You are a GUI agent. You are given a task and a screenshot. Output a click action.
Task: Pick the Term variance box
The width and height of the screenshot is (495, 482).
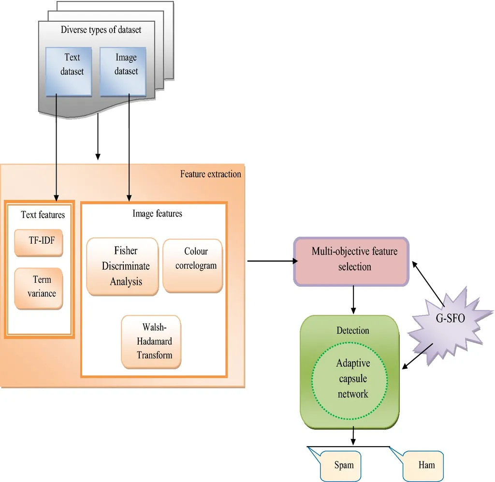click(x=39, y=288)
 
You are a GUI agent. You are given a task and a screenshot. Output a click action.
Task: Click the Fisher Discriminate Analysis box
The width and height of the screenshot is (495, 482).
click(x=122, y=266)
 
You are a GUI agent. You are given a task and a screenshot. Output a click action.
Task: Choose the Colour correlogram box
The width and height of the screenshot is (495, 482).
click(x=193, y=265)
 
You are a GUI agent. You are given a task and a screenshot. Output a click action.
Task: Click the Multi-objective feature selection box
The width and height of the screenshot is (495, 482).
click(x=352, y=261)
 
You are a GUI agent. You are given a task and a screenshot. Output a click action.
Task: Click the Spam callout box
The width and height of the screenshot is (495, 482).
click(x=344, y=465)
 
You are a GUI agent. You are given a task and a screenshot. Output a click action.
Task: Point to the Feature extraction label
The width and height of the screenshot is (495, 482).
click(x=210, y=174)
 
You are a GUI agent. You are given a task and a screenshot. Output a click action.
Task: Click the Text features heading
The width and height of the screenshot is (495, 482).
click(x=43, y=214)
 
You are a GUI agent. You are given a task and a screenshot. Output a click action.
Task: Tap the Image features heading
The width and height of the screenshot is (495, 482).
click(x=157, y=213)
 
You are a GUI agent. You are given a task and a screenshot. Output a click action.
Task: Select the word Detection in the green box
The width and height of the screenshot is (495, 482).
click(x=352, y=331)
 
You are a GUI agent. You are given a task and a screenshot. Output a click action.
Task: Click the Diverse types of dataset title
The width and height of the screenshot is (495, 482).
click(x=101, y=29)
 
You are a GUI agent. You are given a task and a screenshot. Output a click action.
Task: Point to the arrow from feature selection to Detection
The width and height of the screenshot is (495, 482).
click(x=354, y=299)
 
